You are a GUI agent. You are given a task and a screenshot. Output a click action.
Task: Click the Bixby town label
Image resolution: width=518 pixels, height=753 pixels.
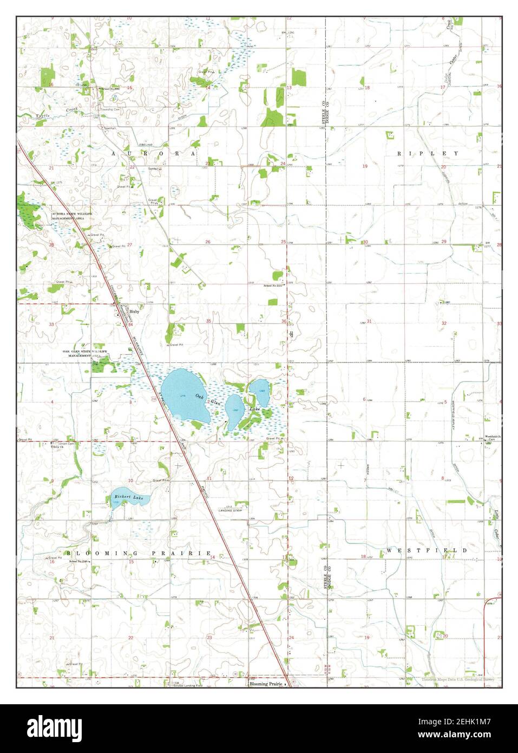coord(134,311)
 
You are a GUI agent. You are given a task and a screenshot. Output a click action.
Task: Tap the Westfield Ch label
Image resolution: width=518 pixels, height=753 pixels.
coord(493,437)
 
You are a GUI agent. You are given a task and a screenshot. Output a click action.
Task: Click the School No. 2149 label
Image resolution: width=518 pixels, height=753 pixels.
coord(78,561)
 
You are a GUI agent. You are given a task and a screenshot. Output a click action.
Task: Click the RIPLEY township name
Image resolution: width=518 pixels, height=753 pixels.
coord(428,153)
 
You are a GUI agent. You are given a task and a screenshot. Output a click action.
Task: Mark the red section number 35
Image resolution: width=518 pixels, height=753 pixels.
coord(208,321)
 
